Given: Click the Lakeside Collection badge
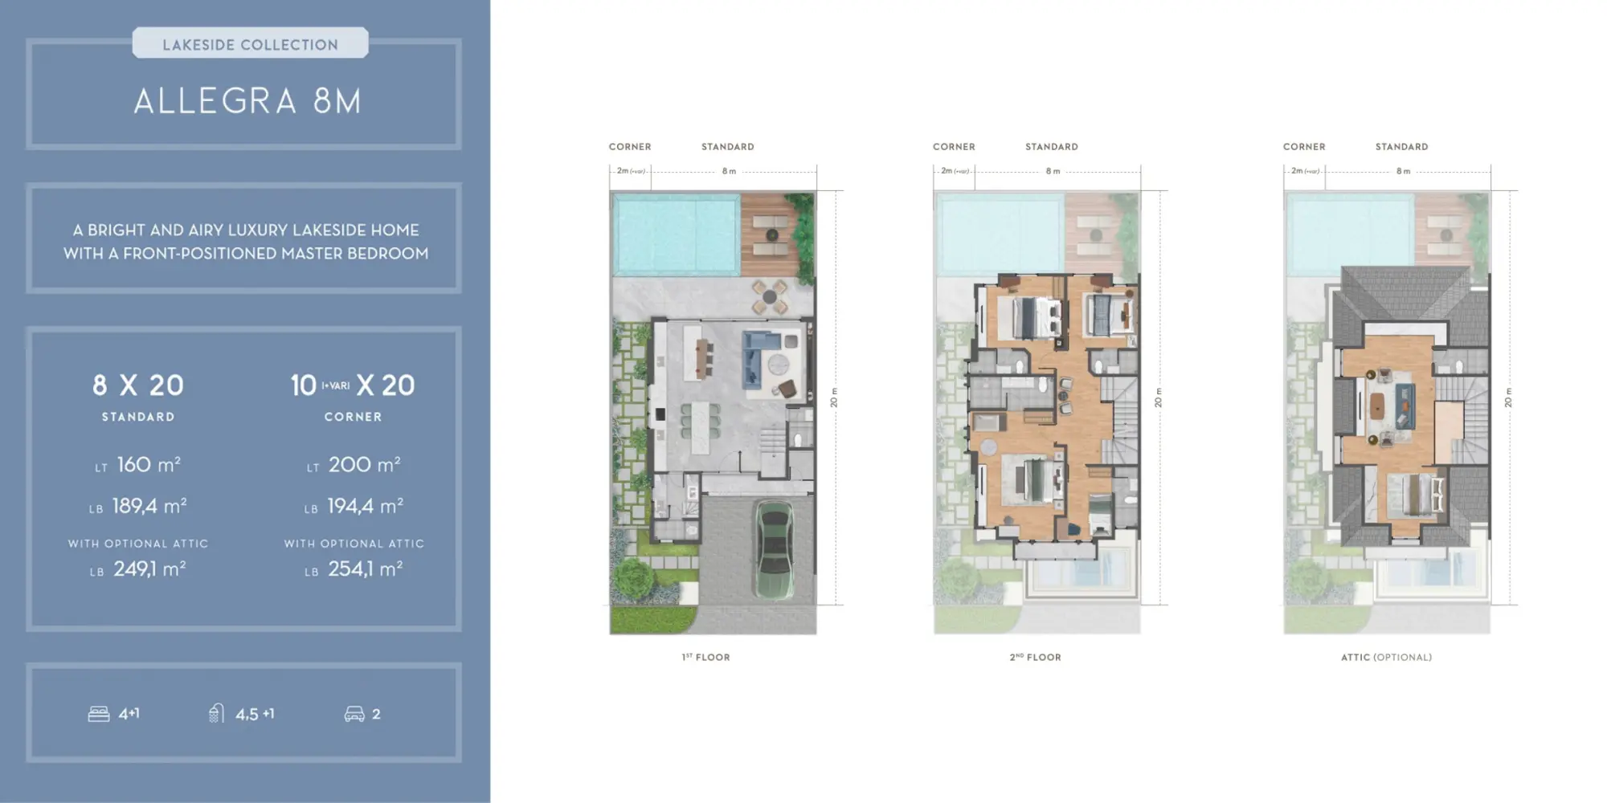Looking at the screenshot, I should point(250,44).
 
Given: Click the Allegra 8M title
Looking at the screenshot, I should point(247,101).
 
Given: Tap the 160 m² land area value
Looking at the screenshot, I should point(148,465).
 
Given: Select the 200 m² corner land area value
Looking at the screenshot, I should point(364,465).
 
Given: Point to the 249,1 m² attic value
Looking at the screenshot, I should point(149,569).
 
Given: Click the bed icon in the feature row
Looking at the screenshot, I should point(99,714).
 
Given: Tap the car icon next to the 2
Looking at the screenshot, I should point(354,714).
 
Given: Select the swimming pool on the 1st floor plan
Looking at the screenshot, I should point(675,234).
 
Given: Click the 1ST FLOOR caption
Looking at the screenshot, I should point(706,657).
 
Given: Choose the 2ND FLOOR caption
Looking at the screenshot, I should point(1035,657).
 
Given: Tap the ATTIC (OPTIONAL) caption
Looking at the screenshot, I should point(1386,657).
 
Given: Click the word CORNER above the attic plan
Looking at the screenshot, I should point(1304,147).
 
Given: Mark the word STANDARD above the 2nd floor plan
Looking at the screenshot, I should point(1052,147).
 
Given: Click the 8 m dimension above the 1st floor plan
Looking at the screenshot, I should point(729,171).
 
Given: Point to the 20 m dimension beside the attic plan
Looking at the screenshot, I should point(1508,397).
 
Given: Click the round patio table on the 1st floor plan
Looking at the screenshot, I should point(770,296).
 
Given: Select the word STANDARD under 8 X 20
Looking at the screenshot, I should point(138,417).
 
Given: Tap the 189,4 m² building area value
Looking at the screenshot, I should point(149,507).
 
